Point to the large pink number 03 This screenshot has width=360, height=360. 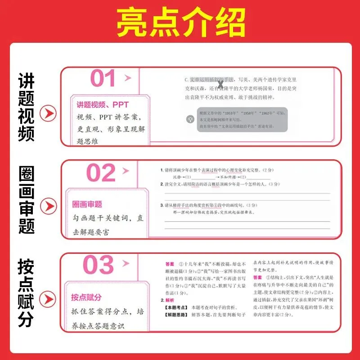coord(99,265)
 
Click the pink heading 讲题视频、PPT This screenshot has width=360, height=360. coord(103,105)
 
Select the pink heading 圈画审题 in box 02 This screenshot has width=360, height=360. coord(87,204)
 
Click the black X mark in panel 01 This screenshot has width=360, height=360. coord(220,84)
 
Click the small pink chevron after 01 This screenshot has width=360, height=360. coord(127,78)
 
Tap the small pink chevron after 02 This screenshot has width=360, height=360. coord(127,171)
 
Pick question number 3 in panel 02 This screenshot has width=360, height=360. coord(162,205)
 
